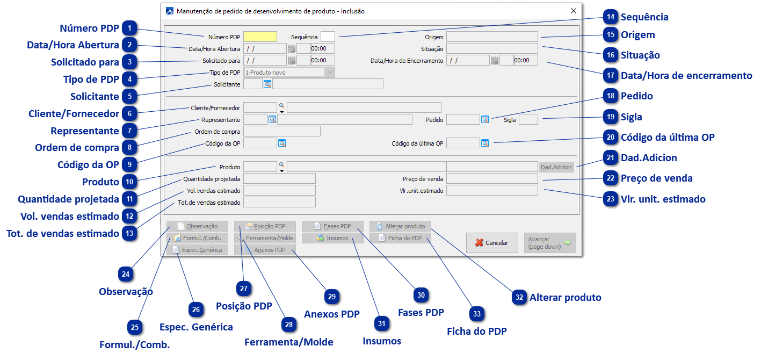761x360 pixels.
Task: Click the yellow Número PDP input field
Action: (260, 37)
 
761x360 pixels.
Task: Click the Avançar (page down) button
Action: (549, 243)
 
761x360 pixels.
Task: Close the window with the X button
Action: (573, 11)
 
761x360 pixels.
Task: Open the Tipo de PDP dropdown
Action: (289, 73)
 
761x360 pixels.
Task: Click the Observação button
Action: (197, 226)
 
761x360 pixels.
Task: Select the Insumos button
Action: (332, 238)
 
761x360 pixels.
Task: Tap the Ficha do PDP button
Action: (400, 238)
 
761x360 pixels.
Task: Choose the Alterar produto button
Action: (400, 226)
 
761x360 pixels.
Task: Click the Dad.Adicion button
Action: (556, 167)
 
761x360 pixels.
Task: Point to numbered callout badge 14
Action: (610, 17)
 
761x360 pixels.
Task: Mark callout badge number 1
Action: (129, 28)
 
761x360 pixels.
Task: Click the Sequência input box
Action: (328, 37)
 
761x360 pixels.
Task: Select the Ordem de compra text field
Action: (281, 131)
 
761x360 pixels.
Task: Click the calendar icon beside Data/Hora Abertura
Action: (292, 48)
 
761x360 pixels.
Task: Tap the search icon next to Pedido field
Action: (485, 120)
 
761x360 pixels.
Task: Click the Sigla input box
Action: (528, 120)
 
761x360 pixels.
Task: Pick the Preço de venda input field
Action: (491, 178)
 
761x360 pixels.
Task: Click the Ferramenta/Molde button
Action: (265, 238)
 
